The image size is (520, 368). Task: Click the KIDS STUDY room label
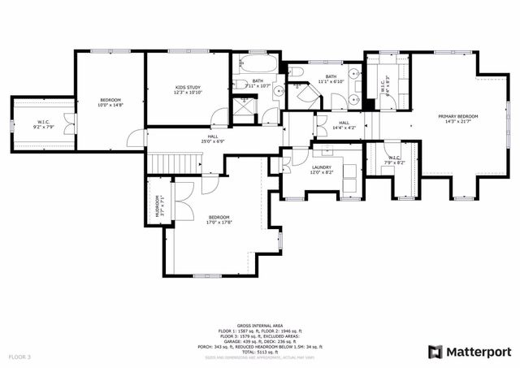(x=188, y=89)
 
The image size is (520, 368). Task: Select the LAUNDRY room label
(x=322, y=168)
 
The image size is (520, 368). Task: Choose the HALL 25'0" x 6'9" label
(x=213, y=139)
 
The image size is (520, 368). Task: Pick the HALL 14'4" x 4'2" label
(x=344, y=125)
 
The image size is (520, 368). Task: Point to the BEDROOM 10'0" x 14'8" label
(x=110, y=102)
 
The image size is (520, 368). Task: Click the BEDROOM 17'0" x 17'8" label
(x=219, y=219)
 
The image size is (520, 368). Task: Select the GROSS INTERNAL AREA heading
(x=259, y=324)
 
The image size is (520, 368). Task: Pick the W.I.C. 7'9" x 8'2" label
(x=395, y=160)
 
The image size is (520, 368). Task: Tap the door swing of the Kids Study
(x=139, y=137)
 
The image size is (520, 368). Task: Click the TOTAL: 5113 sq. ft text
(x=259, y=352)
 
